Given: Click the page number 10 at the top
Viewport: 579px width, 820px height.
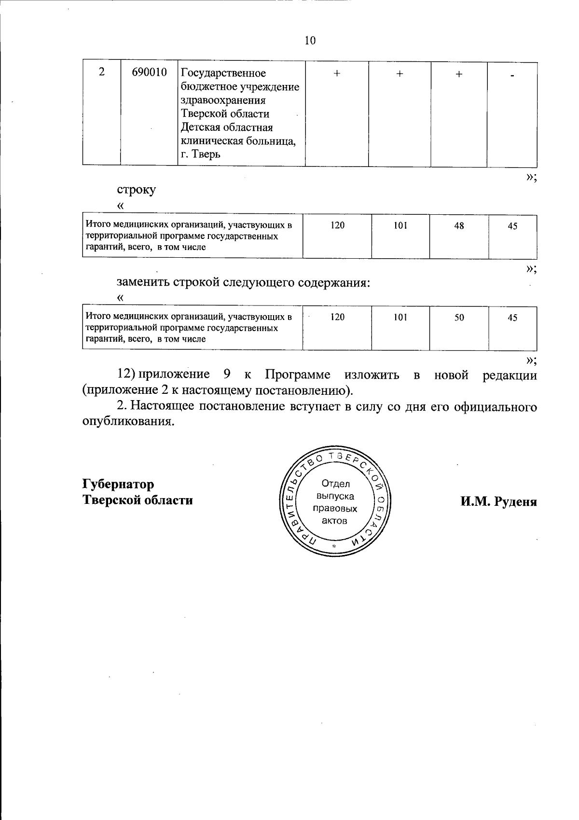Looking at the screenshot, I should tap(310, 41).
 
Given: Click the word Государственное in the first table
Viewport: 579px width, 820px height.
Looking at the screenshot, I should tap(223, 73).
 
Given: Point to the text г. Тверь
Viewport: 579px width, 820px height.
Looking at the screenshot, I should tap(200, 154).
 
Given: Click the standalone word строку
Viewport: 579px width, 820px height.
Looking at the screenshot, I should tap(137, 190).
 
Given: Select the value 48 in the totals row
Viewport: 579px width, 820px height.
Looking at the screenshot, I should tap(459, 225).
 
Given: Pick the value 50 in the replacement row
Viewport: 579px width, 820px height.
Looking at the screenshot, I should tap(459, 317).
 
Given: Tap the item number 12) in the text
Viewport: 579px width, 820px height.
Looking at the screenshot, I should tap(127, 375).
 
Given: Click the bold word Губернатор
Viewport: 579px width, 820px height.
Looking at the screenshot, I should tap(119, 484).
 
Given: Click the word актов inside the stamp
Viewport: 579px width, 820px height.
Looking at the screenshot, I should tap(335, 521).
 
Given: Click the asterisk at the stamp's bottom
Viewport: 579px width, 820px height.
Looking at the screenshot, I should tap(333, 546).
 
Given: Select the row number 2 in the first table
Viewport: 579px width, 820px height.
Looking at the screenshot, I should tap(101, 73).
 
